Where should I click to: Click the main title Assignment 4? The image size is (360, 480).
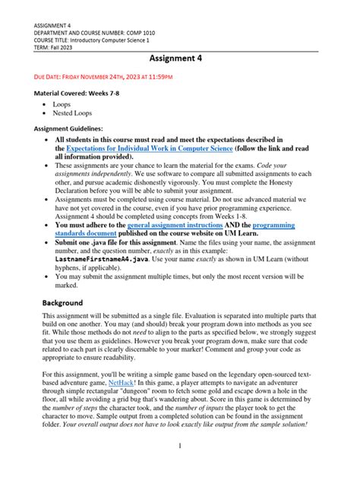pyautogui.click(x=180, y=57)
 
